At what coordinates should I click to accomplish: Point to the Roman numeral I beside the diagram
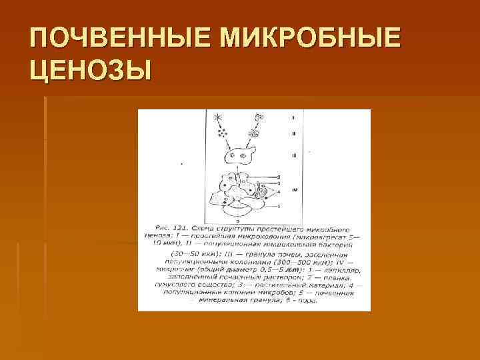tap(293, 117)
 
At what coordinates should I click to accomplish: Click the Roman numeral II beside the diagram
tap(293, 135)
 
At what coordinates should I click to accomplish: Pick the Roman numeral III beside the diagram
tap(293, 155)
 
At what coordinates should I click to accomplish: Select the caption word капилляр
tap(343, 269)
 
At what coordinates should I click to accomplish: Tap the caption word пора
tap(309, 299)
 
